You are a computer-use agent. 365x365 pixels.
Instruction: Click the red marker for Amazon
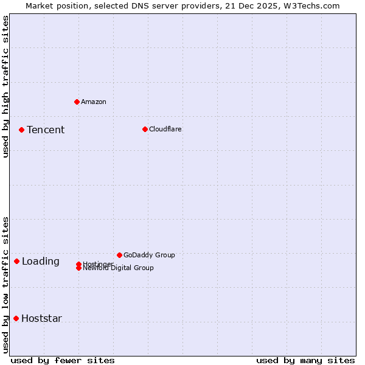(x=77, y=102)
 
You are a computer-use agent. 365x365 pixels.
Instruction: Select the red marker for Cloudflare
(x=145, y=129)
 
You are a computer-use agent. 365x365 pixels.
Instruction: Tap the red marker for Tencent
(x=21, y=130)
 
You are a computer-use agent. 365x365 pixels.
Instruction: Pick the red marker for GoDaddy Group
(x=119, y=255)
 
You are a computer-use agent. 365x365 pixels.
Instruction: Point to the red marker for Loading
(x=16, y=261)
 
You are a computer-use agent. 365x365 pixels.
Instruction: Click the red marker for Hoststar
(x=16, y=318)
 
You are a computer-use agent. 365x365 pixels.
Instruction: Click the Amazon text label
(x=94, y=102)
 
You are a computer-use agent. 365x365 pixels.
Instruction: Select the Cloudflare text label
(x=165, y=129)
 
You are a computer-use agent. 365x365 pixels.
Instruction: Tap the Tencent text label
(x=46, y=130)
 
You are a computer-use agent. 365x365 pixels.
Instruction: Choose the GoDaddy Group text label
(x=149, y=255)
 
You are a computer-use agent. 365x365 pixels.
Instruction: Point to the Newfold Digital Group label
(x=118, y=268)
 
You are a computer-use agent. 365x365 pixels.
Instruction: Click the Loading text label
(x=41, y=262)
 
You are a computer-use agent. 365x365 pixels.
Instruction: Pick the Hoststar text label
(x=41, y=319)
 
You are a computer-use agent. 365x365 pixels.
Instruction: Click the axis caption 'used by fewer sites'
(x=63, y=360)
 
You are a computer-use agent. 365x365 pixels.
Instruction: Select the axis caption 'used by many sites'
(x=305, y=360)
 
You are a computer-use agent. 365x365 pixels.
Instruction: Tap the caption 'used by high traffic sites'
(x=5, y=86)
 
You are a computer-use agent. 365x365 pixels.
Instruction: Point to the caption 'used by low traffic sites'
(x=5, y=284)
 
